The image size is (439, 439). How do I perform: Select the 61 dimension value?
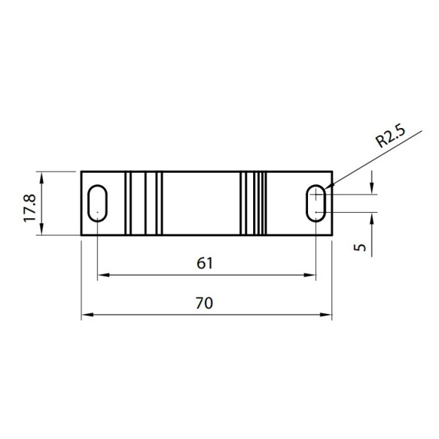206,263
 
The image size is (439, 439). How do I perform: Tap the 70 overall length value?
206,303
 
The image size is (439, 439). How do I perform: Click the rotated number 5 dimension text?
359,247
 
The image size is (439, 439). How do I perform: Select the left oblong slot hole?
97,203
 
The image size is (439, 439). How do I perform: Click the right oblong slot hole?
316,203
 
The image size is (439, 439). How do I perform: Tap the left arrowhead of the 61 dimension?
103,275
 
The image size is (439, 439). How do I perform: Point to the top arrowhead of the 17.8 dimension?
42,176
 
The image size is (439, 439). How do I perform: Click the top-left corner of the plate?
81,171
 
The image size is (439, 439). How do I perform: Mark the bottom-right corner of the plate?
333,235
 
